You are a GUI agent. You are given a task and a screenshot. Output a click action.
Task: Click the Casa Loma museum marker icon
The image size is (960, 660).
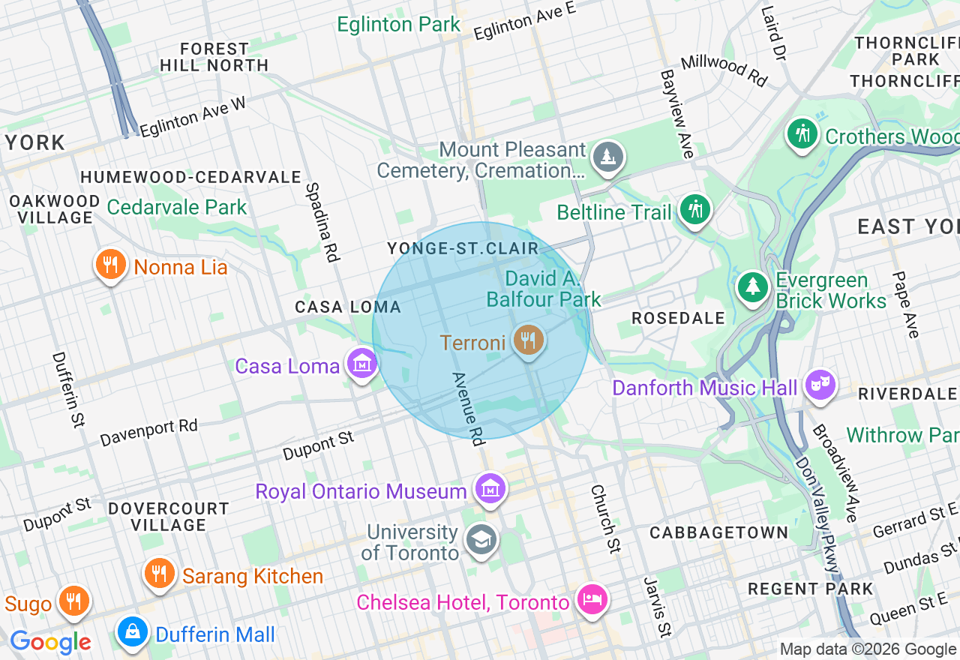pos(362,364)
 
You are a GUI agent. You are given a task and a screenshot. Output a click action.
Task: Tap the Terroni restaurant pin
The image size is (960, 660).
pos(529,340)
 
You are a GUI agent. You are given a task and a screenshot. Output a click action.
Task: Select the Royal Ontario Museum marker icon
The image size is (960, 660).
pos(490,490)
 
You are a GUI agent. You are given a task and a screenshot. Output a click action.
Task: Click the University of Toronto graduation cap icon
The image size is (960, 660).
pos(481,539)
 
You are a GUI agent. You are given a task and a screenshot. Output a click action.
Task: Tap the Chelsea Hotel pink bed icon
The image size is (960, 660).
pos(592,600)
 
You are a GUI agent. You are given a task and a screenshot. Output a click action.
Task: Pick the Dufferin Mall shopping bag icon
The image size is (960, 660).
pos(133,633)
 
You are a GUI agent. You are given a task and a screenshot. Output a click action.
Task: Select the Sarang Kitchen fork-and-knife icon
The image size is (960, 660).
pos(159,574)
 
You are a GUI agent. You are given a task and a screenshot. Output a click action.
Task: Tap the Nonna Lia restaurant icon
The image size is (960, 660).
pos(110,265)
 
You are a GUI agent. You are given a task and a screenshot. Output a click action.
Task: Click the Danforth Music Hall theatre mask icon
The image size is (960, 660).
pos(820,386)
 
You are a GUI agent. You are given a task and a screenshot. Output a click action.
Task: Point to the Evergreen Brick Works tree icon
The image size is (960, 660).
pos(752,287)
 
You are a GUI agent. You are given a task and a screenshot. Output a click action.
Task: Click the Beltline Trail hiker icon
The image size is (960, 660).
pos(695,210)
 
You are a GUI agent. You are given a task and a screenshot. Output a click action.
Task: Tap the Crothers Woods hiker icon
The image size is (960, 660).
pos(802,135)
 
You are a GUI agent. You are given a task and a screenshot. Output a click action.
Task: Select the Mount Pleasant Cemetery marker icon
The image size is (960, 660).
pos(607,157)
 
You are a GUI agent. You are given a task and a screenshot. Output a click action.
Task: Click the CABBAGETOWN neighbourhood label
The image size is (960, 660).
pos(718,532)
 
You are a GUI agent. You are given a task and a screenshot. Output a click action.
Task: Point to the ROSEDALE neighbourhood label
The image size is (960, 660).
pos(678,318)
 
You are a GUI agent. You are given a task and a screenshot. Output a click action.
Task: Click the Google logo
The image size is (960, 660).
pos(50,642)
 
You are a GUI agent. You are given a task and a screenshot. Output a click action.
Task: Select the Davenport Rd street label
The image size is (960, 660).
pos(148,432)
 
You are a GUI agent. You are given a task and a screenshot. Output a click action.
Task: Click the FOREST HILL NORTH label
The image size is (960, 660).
pos(214,57)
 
